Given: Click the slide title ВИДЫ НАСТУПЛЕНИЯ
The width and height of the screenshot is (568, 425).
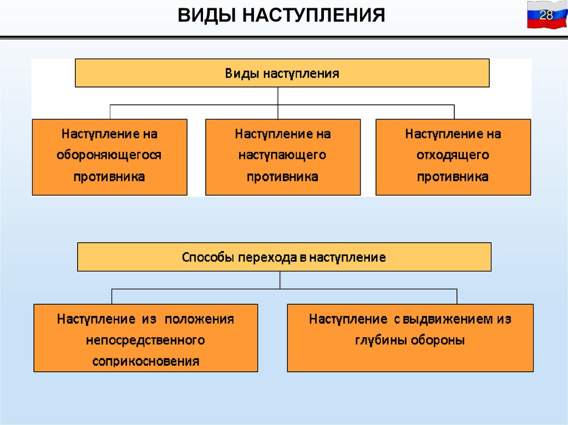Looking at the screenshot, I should pyautogui.click(x=281, y=15).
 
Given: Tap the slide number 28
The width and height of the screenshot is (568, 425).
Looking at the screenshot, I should pyautogui.click(x=546, y=15).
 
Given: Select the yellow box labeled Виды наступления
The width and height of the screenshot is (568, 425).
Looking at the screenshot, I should pyautogui.click(x=282, y=73).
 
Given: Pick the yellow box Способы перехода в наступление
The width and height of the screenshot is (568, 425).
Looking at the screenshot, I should pyautogui.click(x=284, y=257).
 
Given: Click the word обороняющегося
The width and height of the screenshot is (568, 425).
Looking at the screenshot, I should pyautogui.click(x=109, y=155).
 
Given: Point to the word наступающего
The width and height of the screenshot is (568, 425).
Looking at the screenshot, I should pyautogui.click(x=282, y=155).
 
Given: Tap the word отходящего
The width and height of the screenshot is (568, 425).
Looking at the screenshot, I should pyautogui.click(x=453, y=155).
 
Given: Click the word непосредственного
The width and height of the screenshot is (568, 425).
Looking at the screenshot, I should pyautogui.click(x=145, y=340).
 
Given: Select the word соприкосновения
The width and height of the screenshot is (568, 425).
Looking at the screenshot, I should pyautogui.click(x=145, y=362).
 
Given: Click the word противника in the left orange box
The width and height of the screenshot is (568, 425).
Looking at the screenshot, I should pyautogui.click(x=109, y=177).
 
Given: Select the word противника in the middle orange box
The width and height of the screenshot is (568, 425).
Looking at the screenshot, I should pyautogui.click(x=282, y=177).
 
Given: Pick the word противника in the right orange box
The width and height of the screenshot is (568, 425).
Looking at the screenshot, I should pyautogui.click(x=453, y=177).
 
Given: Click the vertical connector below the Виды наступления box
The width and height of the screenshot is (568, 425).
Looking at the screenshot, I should pyautogui.click(x=278, y=96).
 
